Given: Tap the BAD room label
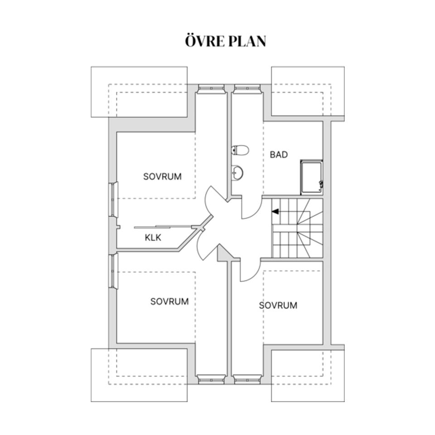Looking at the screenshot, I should click(x=279, y=155).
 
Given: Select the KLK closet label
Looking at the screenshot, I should click(x=153, y=237).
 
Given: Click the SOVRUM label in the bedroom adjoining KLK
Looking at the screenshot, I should click(x=162, y=176).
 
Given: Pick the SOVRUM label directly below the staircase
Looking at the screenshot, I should click(x=278, y=305).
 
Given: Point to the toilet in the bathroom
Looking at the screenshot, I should click(x=240, y=150).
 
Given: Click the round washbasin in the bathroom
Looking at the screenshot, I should click(x=237, y=173).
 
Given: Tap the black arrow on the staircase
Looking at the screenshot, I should click(x=275, y=211).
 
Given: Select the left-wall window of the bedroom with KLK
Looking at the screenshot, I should click(x=113, y=199).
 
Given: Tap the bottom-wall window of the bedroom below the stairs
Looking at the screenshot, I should click(x=247, y=380).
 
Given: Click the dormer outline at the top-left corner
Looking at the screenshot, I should click(x=139, y=92).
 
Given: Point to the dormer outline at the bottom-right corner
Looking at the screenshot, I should click(x=308, y=375).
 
